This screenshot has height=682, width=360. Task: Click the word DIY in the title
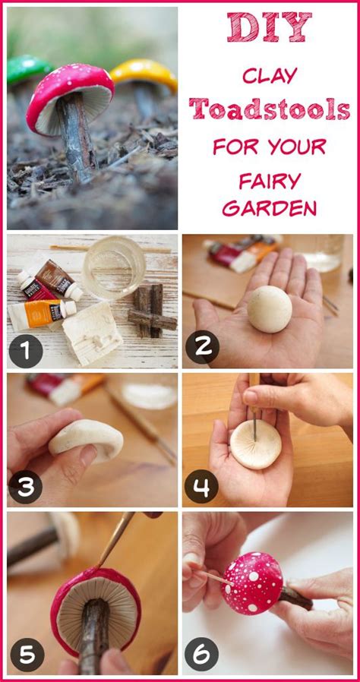click(x=268, y=28)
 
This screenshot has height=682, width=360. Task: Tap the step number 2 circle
click(x=202, y=347)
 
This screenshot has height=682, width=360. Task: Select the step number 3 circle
click(x=26, y=488)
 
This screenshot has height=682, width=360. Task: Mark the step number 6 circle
click(x=202, y=654)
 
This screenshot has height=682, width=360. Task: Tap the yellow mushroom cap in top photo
click(x=144, y=72)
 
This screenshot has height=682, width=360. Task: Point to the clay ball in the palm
click(x=270, y=308)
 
